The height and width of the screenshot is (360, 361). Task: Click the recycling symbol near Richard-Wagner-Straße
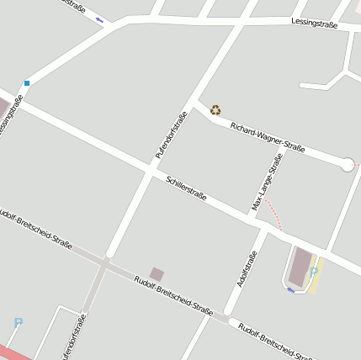[215, 109]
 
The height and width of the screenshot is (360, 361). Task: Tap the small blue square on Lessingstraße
[27, 82]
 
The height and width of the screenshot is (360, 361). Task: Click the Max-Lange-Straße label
[267, 183]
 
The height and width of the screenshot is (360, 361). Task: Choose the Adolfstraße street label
[246, 270]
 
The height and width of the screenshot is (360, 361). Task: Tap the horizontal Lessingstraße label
[314, 24]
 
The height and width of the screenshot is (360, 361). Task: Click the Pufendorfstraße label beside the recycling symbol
[171, 135]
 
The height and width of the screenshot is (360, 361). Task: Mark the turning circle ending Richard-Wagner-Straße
[347, 165]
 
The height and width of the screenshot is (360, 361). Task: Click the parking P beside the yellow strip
[313, 271]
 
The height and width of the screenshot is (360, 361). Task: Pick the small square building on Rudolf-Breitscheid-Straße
[157, 273]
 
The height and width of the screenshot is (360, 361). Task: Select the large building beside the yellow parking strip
[300, 267]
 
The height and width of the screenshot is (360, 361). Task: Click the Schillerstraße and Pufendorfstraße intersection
[150, 171]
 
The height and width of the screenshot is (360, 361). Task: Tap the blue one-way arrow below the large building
[291, 290]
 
